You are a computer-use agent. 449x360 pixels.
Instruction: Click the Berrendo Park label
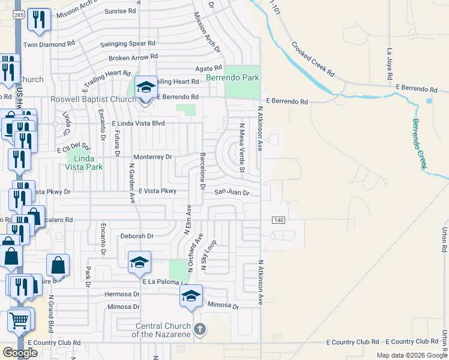[232, 77]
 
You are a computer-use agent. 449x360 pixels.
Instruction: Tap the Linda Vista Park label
[83, 162]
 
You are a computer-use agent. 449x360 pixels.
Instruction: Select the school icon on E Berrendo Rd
[145, 88]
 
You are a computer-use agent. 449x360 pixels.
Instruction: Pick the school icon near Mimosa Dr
[191, 295]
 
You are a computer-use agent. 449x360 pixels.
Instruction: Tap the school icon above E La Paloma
[139, 262]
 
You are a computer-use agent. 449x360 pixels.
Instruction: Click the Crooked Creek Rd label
[313, 58]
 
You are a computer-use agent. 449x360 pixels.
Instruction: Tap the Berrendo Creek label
[421, 143]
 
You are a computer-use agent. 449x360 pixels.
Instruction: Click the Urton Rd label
[445, 240]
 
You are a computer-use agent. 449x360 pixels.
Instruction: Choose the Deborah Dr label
[137, 236]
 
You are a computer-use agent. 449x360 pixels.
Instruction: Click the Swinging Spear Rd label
[127, 44]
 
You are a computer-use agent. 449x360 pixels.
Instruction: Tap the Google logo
[20, 352]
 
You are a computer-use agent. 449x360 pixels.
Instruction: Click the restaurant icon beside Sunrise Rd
[40, 20]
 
